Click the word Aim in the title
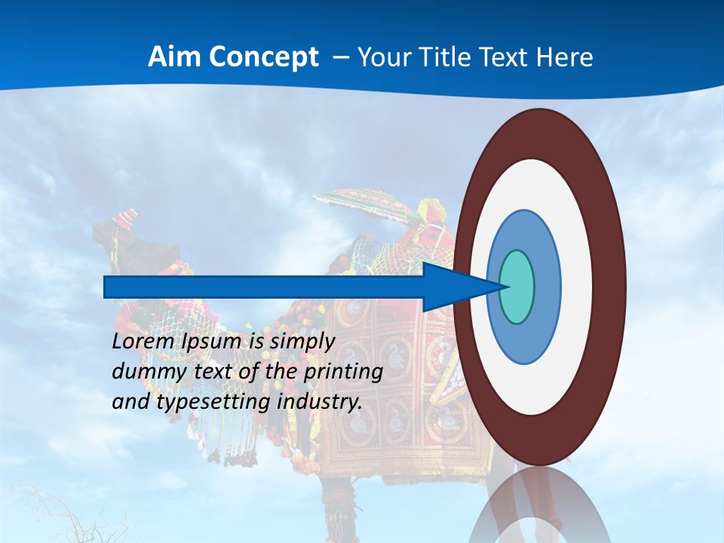pyautogui.click(x=173, y=57)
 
